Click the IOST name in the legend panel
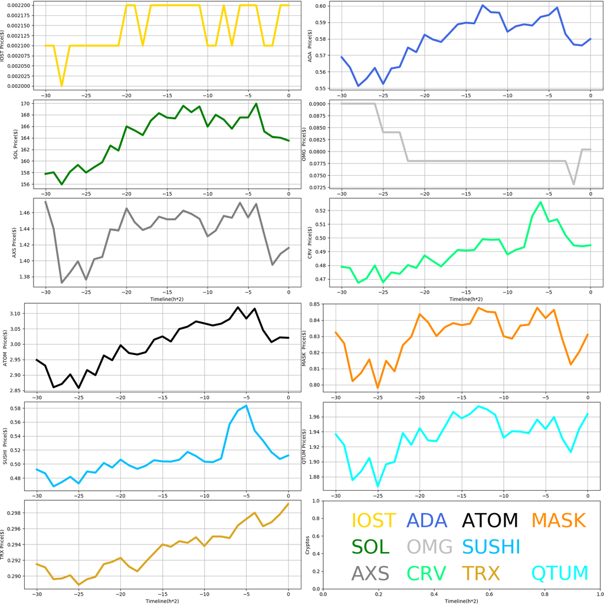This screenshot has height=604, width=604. (373, 520)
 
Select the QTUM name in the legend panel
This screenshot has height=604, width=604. (560, 573)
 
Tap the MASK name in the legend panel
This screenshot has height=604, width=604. (558, 520)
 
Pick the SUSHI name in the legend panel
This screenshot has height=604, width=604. (491, 547)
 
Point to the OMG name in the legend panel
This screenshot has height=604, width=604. (429, 547)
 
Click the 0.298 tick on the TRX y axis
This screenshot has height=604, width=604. (22, 513)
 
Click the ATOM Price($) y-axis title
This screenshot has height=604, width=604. (6, 348)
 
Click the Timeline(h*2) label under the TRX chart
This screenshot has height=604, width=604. (162, 600)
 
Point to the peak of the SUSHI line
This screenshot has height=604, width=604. (247, 405)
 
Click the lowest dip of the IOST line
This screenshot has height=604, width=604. (61, 86)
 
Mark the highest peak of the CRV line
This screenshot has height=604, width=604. (540, 202)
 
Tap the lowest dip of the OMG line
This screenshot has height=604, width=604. (574, 185)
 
